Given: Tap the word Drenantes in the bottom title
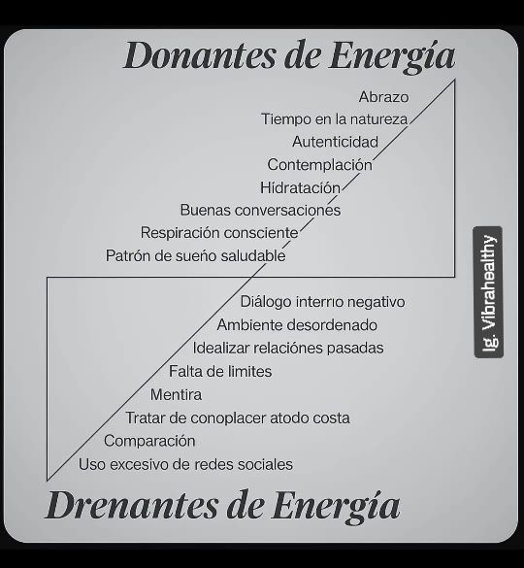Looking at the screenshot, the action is (131, 505).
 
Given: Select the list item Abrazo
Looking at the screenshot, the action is (383, 97).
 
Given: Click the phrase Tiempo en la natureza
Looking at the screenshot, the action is (334, 119).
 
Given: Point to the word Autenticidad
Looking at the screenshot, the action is (335, 142).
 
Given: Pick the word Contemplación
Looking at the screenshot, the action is (320, 165).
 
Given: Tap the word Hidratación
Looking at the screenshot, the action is (300, 187).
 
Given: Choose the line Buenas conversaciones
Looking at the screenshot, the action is (260, 210).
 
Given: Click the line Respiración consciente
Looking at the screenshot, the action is (219, 233).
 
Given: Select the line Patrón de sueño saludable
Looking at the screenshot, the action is (195, 255).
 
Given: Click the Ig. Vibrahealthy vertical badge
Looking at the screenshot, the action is (488, 292).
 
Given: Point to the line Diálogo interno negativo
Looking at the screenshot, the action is (322, 302).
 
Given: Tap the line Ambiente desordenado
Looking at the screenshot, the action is (297, 325).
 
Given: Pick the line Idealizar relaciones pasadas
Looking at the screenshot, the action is (288, 349).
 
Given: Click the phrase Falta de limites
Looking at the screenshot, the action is (220, 371).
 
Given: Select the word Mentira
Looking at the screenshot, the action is (176, 394).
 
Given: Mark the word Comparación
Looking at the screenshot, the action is (149, 441).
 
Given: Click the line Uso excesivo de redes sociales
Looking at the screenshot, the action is (185, 464).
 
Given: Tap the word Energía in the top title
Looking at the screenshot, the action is (392, 56).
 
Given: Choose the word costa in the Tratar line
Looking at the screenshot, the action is (331, 418).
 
